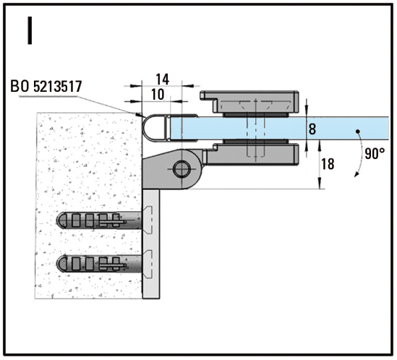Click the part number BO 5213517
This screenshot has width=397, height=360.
coord(46,86)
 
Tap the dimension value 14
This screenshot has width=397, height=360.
coord(162,80)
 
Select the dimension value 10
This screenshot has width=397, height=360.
coord(158,95)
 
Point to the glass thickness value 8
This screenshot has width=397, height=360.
coord(312,129)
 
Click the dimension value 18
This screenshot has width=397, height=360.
coord(328,164)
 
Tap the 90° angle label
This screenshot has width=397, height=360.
coord(375,154)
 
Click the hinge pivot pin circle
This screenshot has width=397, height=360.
coord(182,169)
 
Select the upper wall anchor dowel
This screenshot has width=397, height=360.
coord(99,220)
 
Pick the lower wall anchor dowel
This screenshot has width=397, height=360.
coord(99,264)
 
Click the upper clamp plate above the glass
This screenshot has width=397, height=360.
coord(249,102)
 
